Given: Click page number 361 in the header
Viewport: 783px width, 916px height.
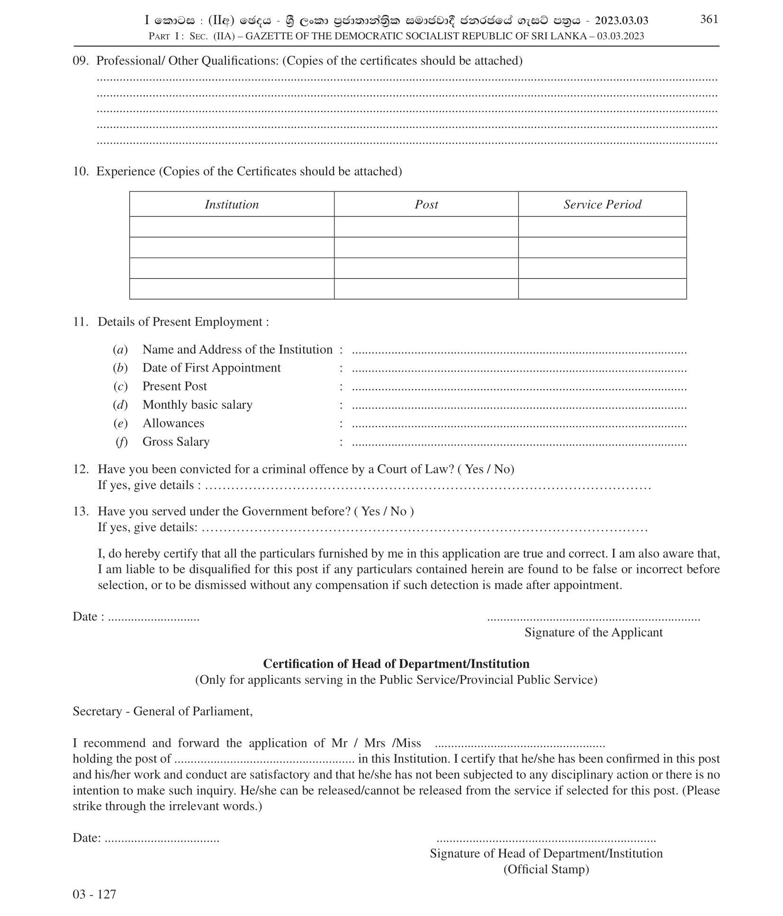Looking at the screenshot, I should point(709,19).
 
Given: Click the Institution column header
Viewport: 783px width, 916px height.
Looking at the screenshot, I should point(232,204).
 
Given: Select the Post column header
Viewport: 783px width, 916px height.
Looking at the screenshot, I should point(426,204).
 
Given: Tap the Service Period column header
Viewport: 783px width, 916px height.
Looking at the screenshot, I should point(602,204).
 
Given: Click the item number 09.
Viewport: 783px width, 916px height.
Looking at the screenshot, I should point(81,61).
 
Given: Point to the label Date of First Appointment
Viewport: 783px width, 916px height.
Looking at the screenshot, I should point(211,368).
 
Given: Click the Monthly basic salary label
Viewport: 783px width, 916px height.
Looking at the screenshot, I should point(197,405).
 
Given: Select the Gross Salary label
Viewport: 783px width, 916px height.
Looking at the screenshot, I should point(176,442).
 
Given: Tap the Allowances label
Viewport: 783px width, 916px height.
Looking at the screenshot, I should point(173,423).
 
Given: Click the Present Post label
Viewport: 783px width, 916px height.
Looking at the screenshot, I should point(174,386).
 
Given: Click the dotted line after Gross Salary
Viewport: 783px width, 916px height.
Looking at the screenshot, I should point(519,444).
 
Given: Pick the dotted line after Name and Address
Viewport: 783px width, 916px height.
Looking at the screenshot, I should point(519,352).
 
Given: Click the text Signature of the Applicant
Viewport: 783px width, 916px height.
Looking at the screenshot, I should point(593,632).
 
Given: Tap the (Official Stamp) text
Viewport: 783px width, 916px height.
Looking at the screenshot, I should point(546,869).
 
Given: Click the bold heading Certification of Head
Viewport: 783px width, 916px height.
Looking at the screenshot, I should point(396,663).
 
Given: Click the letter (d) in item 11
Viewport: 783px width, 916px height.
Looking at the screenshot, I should point(120,405).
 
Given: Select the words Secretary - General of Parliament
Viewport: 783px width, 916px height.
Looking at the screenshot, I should point(162,711).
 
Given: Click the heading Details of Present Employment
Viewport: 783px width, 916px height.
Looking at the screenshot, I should point(183,322).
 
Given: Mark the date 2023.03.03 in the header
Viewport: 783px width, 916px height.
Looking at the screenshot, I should point(621,20).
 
